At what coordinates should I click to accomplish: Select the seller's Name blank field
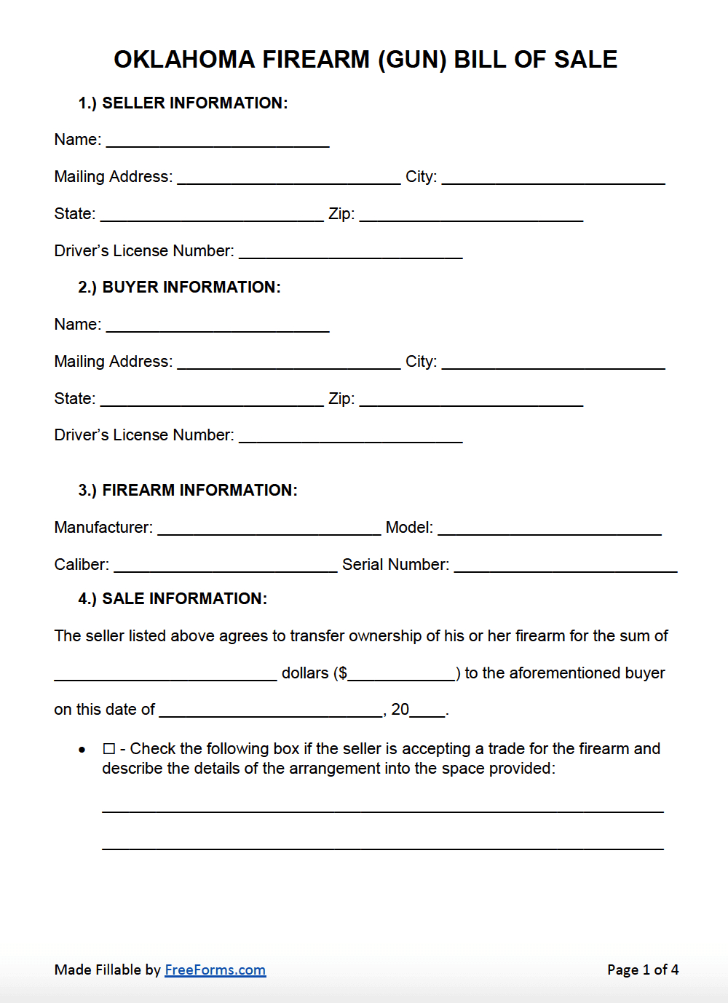point(218,140)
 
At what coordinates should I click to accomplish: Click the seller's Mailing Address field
point(289,177)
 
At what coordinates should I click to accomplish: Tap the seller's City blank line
point(553,177)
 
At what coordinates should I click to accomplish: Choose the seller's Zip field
point(471,214)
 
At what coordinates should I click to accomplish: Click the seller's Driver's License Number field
point(351,251)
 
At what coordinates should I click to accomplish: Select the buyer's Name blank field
point(218,325)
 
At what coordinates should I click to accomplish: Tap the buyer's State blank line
point(212,399)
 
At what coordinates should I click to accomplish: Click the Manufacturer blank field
point(269,528)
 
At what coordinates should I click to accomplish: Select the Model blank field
point(550,528)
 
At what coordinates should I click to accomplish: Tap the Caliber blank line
point(226,565)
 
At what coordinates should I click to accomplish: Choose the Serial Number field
point(566,565)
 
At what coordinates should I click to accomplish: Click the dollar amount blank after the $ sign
point(402,673)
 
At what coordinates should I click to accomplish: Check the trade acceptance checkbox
point(109,749)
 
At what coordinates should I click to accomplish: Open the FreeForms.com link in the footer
point(215,970)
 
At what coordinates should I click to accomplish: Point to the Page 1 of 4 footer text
point(643,970)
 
